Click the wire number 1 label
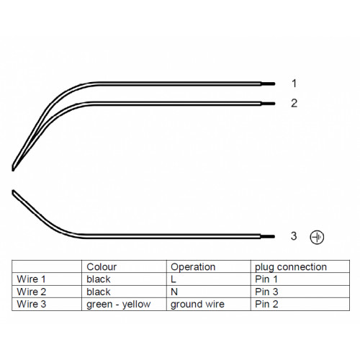294,84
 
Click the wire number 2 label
294,103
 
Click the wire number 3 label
294,236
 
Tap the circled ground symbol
317,238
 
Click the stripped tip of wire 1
268,84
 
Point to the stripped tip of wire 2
268,104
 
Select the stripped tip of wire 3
268,237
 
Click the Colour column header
102,267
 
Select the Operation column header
193,267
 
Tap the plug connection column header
291,267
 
